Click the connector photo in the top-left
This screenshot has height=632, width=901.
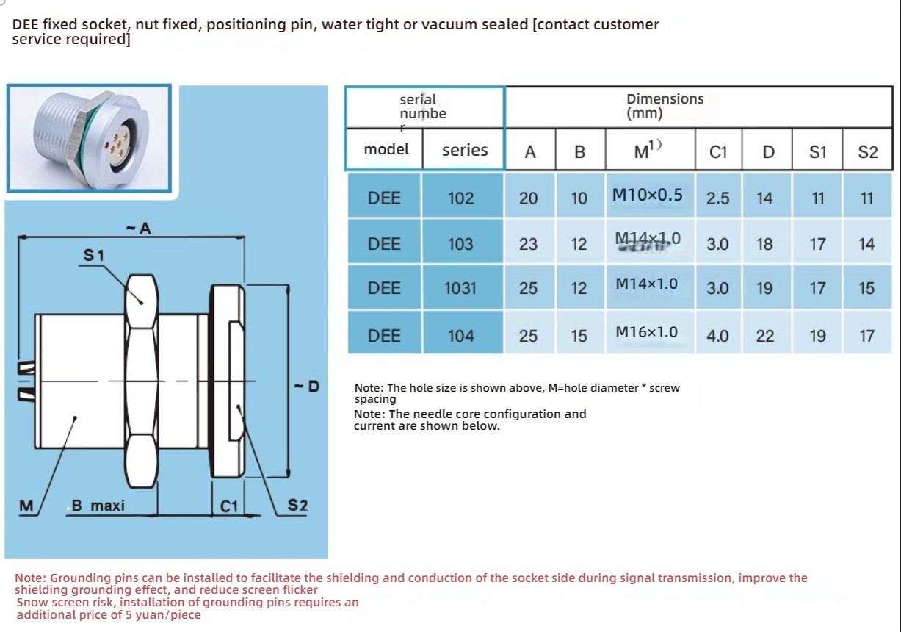[x=89, y=138]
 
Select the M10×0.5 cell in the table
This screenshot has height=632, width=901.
[x=647, y=195]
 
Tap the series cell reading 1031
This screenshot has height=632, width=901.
[x=460, y=288]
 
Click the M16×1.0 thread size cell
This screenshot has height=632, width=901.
[x=646, y=332]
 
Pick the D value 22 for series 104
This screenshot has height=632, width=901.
[x=765, y=336]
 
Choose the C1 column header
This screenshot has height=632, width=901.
[x=718, y=152]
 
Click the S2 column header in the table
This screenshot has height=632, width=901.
[x=868, y=152]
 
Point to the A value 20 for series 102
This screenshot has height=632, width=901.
[x=529, y=198]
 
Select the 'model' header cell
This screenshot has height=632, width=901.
[x=386, y=149]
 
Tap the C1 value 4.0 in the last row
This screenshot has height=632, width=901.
[x=717, y=336]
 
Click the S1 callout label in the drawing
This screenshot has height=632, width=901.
[x=94, y=255]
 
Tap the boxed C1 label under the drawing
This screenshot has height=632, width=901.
[x=230, y=506]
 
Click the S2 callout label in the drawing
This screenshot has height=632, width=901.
[x=297, y=506]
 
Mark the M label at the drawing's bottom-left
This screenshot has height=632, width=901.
[x=26, y=506]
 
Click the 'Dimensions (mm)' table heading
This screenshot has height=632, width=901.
[x=665, y=106]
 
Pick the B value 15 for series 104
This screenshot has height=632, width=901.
[x=579, y=336]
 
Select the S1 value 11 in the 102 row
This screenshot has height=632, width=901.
[x=818, y=198]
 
